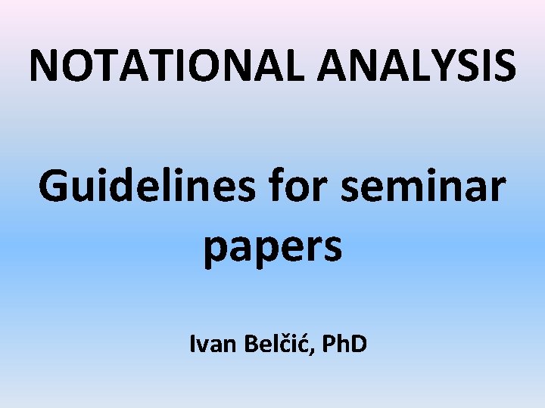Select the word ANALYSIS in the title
coord(417,65)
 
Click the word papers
coord(272,248)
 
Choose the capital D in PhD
coord(359,344)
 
